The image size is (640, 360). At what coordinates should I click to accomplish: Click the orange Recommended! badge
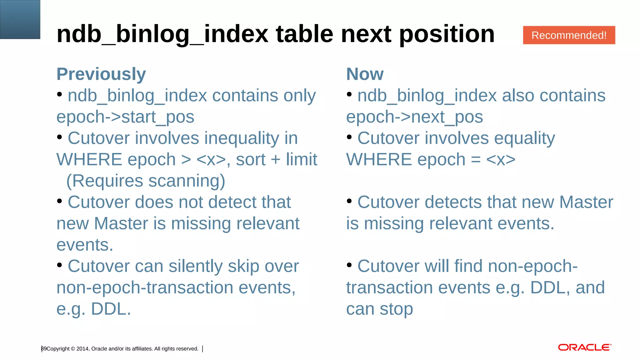point(569,35)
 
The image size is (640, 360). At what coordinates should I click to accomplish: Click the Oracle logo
point(584,347)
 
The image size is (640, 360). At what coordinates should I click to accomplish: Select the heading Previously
point(101,74)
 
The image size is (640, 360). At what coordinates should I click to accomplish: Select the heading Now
point(365,74)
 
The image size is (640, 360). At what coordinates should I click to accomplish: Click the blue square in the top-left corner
point(20,19)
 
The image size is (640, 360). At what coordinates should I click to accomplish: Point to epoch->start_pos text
point(125,117)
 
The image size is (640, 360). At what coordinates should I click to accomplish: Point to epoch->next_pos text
point(414,117)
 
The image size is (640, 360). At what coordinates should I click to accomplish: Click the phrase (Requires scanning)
point(146,181)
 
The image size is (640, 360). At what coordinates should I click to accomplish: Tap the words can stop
point(379,309)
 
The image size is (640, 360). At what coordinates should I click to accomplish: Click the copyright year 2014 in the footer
point(82,349)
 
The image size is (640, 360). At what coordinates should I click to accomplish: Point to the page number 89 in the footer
point(44,348)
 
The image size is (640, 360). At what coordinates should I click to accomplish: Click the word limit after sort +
point(301,160)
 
